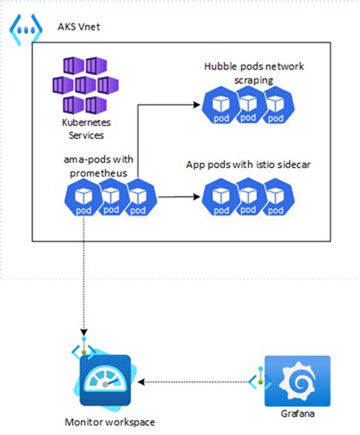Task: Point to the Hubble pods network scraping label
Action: (251, 72)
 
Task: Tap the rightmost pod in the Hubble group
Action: (276, 105)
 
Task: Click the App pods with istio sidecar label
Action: (251, 165)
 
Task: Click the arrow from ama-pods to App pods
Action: (176, 197)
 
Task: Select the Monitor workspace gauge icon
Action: (104, 380)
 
